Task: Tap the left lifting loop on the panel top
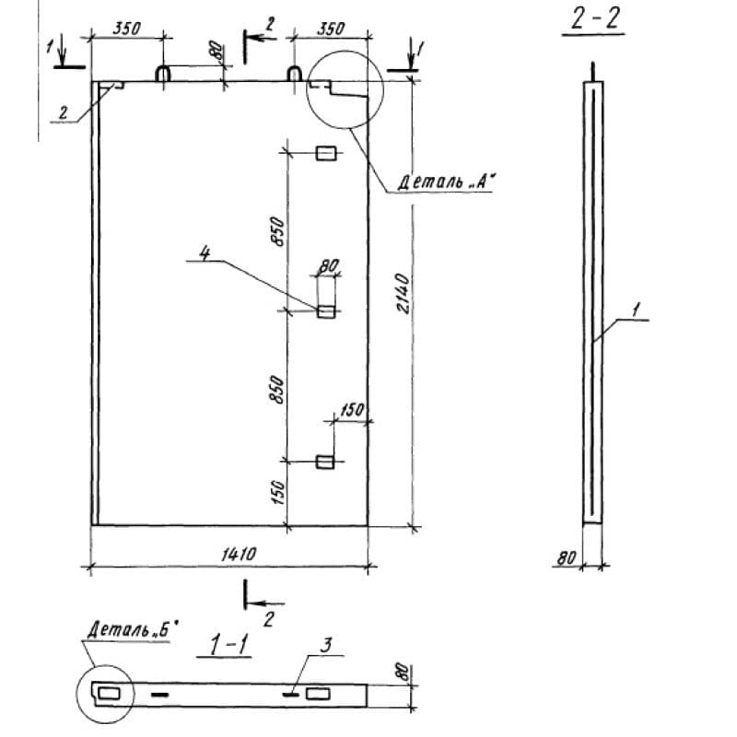[x=162, y=74]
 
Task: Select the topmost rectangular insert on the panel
[x=326, y=153]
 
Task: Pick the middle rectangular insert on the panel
[x=326, y=311]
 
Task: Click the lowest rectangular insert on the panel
[x=326, y=461]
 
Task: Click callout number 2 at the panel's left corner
[x=64, y=111]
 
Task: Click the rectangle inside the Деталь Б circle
[x=109, y=692]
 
